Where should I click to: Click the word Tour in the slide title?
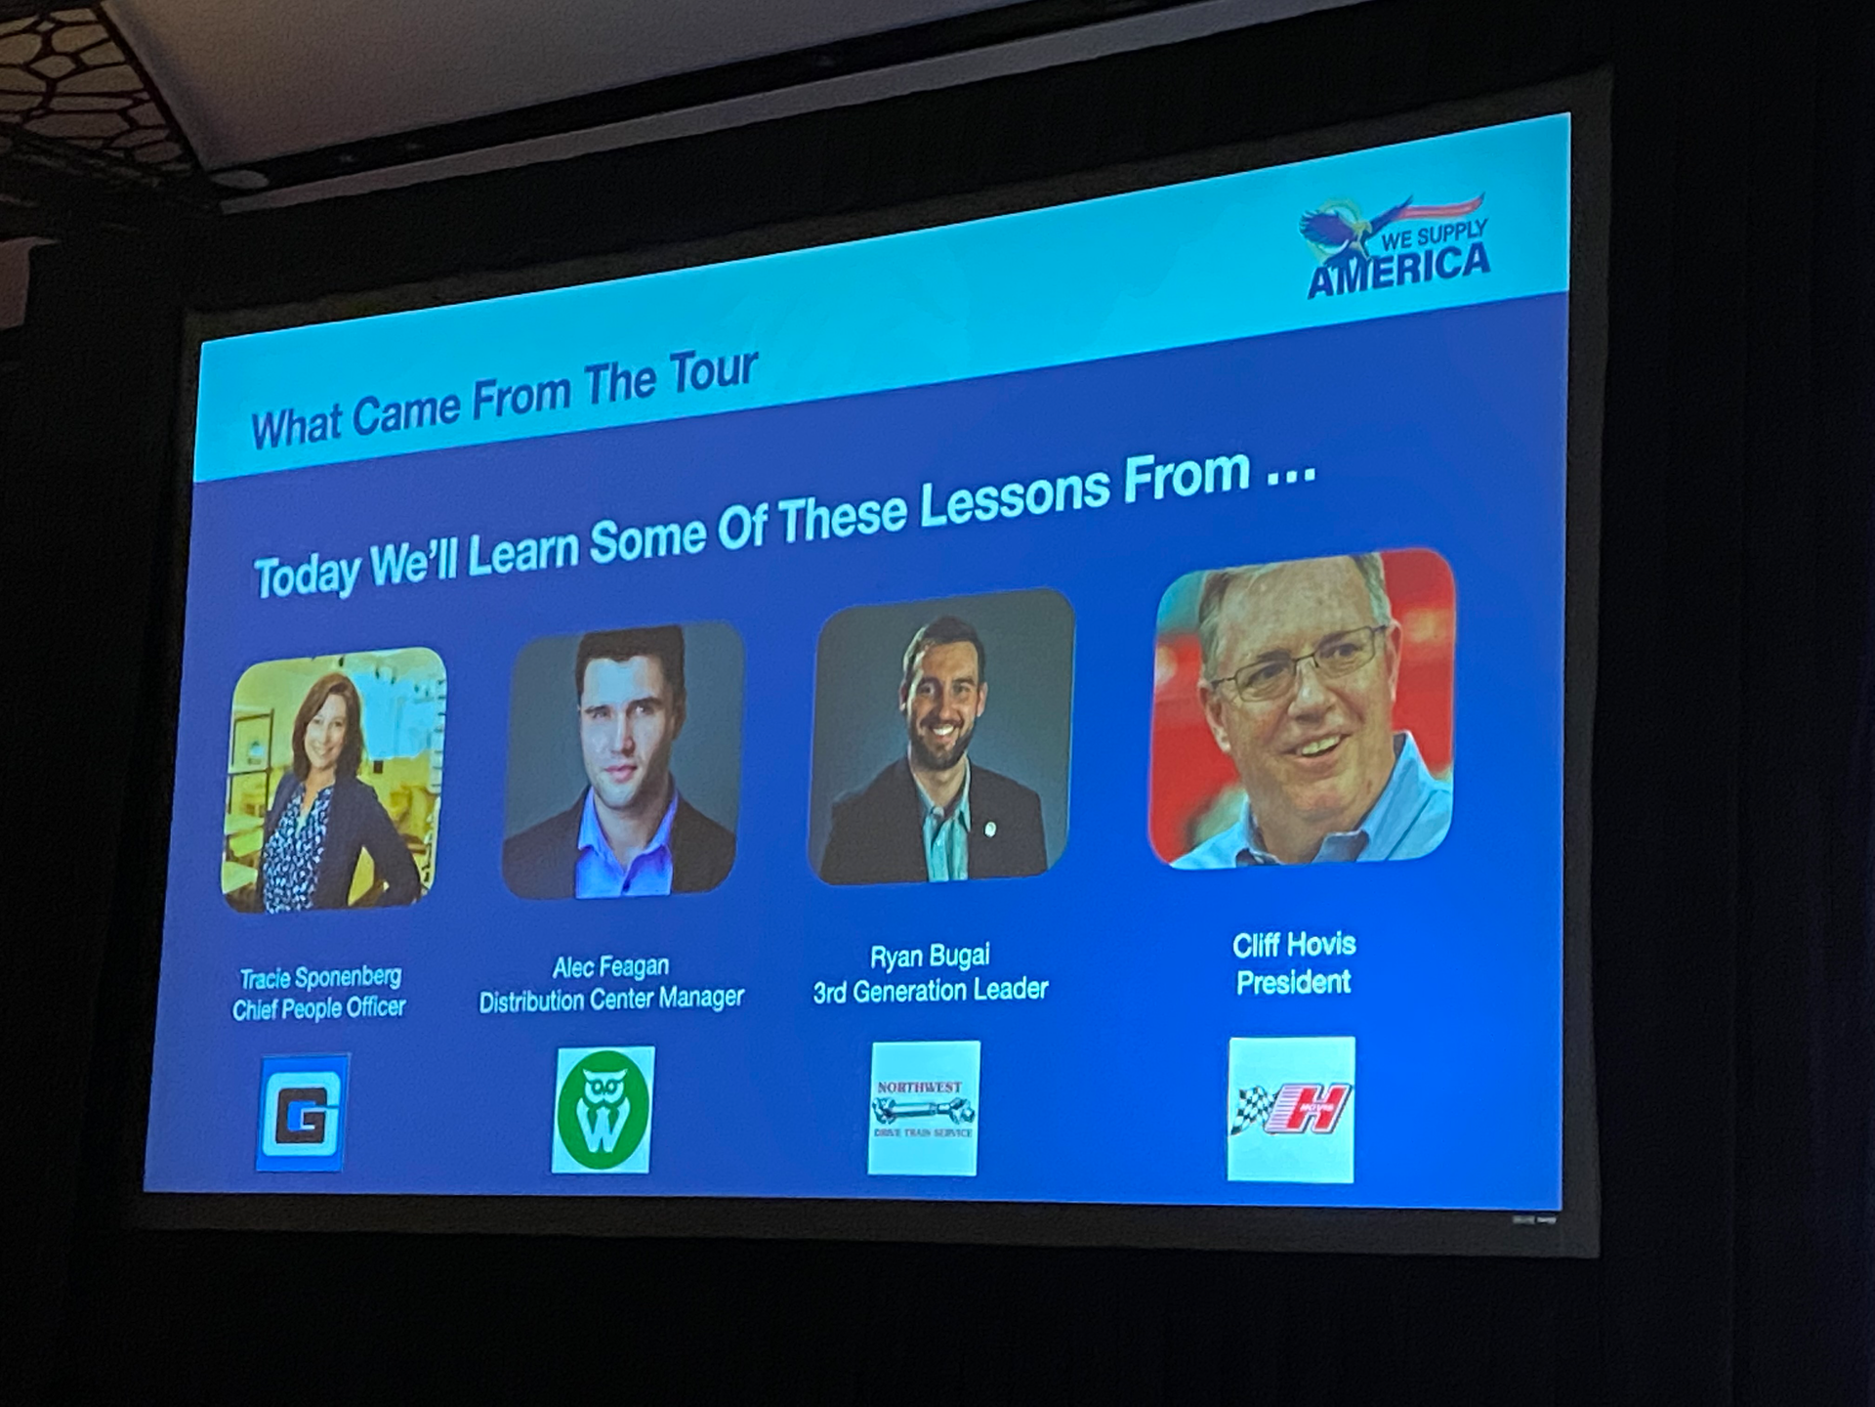[713, 373]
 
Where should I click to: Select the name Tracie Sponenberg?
[320, 977]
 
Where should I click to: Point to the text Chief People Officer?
[318, 1008]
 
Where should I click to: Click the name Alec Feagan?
[610, 967]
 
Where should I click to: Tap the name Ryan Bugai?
[930, 957]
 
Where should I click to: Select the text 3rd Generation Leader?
[930, 991]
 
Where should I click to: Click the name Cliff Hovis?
[1294, 945]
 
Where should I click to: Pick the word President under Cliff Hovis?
[1293, 982]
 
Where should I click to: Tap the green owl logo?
[603, 1110]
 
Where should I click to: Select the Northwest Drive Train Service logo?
[924, 1108]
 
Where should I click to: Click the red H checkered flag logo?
[1291, 1110]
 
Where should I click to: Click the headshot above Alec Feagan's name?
[622, 761]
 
